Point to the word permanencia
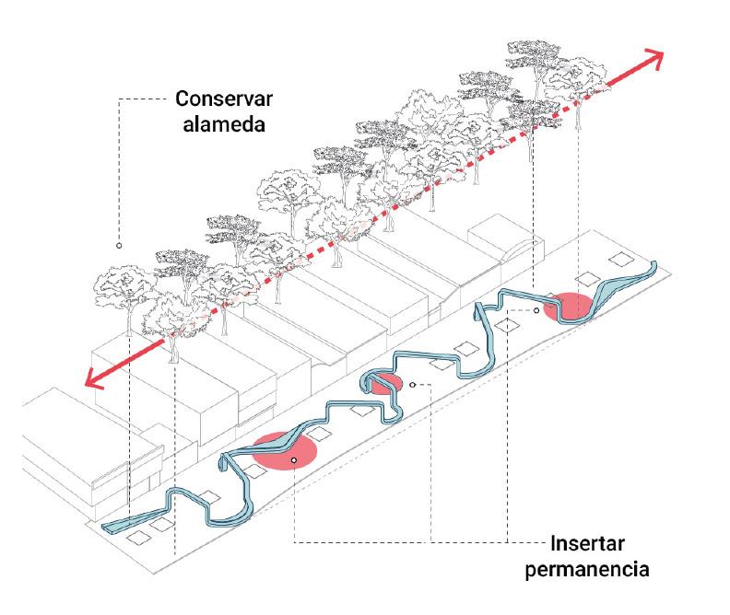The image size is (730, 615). pos(587,569)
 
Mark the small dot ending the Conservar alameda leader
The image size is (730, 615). pos(118,246)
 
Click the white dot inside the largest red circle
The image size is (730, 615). pos(293,458)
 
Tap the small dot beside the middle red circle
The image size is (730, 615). pos(413,384)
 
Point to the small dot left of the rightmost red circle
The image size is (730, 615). pos(536,311)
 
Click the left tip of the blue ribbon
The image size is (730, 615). pos(107,528)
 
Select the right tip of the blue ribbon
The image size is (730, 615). pos(655,265)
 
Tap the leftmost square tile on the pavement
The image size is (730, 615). pos(141,537)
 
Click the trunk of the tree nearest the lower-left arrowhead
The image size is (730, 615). pos(172,349)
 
